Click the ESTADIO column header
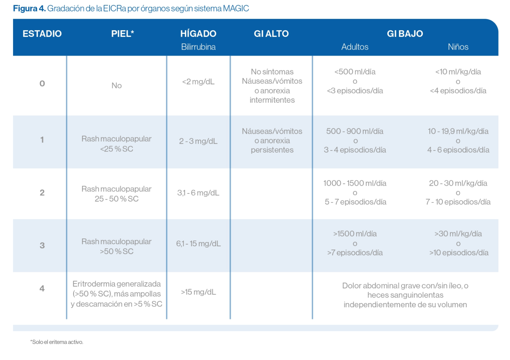point(42,34)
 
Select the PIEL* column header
point(123,34)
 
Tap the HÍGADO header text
point(198,34)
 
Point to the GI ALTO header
point(271,34)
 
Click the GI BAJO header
point(405,34)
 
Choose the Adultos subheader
point(355,47)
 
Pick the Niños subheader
point(458,47)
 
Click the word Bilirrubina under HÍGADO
point(198,47)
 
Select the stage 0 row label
point(42,84)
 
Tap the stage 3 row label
point(42,245)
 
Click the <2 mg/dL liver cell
point(198,82)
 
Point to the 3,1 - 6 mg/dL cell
point(198,193)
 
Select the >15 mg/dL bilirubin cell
point(198,292)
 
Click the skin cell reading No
point(117,86)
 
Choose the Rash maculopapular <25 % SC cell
point(117,144)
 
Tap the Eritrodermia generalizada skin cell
point(117,294)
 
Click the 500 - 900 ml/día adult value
point(355,131)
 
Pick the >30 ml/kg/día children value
point(458,234)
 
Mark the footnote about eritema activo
point(57,342)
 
